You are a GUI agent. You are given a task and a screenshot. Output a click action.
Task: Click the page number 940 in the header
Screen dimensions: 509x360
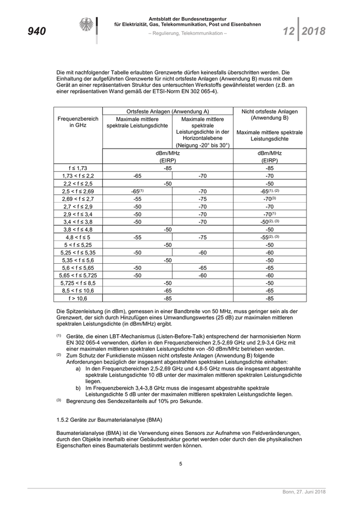(x=37, y=31)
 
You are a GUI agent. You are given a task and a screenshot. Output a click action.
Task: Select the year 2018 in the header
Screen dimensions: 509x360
(x=313, y=31)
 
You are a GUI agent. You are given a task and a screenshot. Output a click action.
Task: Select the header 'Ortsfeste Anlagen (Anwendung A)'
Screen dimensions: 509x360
(x=168, y=111)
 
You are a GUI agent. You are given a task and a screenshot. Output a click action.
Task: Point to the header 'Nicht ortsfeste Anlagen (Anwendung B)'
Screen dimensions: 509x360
(x=269, y=115)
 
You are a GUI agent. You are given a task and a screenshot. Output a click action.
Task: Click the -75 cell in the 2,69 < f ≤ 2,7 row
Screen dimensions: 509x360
(x=203, y=198)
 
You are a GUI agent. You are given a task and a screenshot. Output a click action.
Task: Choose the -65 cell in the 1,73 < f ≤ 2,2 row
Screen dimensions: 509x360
(x=137, y=175)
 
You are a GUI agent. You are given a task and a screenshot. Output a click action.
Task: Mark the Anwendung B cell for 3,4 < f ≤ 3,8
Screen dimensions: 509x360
(x=269, y=222)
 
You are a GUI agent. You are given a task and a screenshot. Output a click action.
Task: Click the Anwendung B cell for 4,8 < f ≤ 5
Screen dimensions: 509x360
(x=269, y=237)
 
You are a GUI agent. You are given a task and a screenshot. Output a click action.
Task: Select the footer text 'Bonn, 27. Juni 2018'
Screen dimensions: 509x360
(x=304, y=493)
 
